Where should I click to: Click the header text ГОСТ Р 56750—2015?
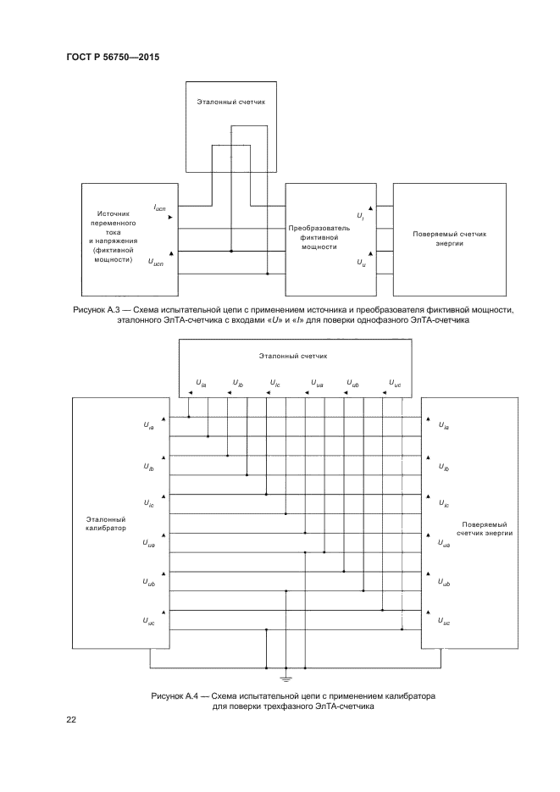click(113, 57)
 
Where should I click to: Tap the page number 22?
click(71, 720)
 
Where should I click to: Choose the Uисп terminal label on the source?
click(158, 263)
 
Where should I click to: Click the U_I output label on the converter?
click(361, 217)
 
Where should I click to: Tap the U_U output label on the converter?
click(361, 263)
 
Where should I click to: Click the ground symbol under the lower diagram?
click(286, 678)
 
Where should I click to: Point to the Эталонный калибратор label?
click(106, 523)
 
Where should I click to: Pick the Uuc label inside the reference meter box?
click(394, 383)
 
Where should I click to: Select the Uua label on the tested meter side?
click(444, 544)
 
